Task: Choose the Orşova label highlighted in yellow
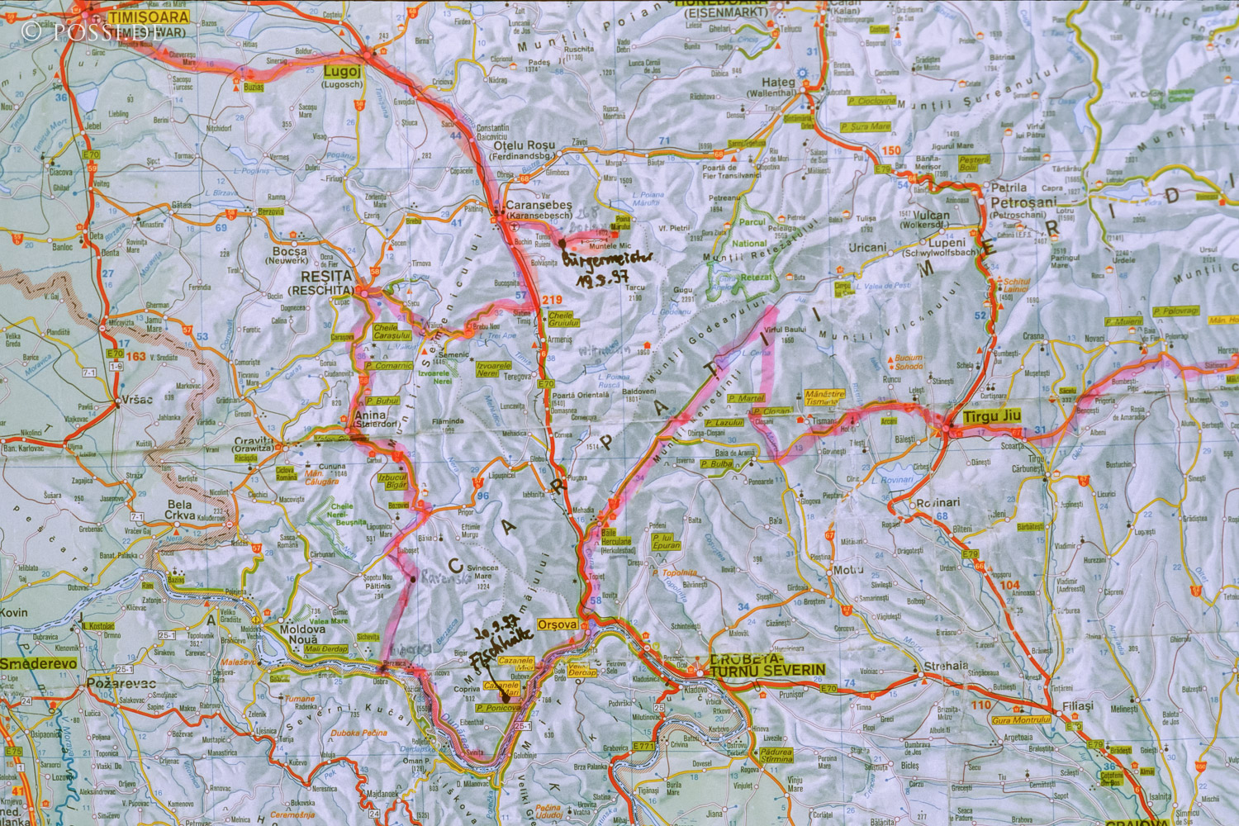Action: (x=557, y=624)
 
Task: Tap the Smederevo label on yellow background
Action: (x=38, y=663)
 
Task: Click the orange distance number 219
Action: (x=552, y=300)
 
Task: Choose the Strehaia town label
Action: (x=946, y=665)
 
